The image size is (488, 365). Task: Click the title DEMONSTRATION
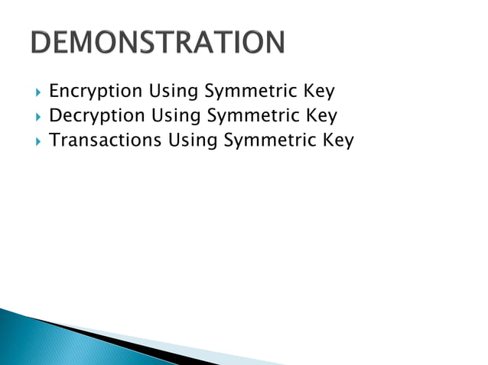point(158,43)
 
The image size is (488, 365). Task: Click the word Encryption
point(96,92)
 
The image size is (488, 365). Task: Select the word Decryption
point(96,116)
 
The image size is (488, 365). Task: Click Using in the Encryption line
point(173,92)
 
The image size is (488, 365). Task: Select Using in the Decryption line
point(174,116)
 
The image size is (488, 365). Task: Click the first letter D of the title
point(43,43)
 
